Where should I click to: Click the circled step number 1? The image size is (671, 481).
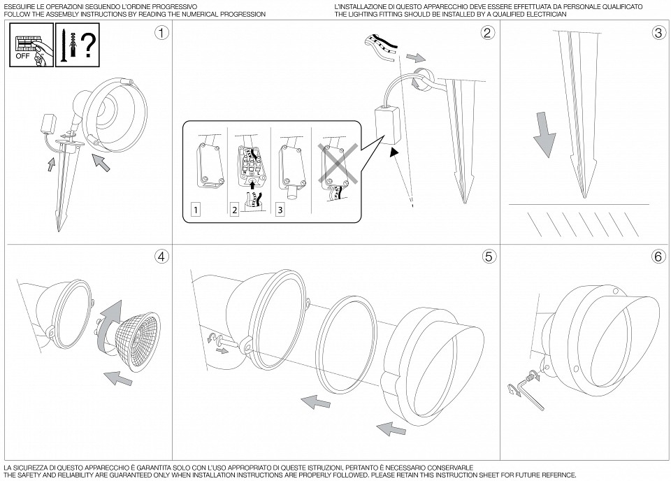click(161, 33)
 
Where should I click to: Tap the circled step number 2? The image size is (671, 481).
click(488, 33)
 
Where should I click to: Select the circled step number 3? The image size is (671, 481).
click(658, 33)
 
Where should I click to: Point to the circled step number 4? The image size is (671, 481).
click(161, 256)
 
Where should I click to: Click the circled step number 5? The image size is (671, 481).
click(488, 256)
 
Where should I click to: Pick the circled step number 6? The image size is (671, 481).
click(658, 256)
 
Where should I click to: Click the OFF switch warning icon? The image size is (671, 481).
click(32, 44)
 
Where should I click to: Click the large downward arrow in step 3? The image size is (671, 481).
click(545, 136)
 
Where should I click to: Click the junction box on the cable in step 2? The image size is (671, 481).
click(384, 124)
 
